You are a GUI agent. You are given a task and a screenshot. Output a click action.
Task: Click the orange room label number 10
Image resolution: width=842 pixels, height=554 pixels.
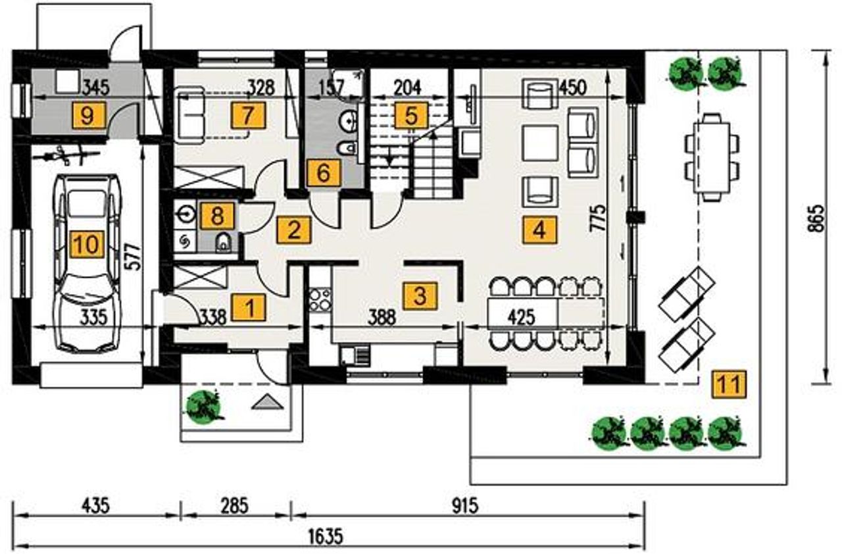[x=87, y=245]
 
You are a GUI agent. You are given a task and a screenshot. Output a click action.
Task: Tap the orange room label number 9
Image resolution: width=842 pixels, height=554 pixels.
[x=87, y=116]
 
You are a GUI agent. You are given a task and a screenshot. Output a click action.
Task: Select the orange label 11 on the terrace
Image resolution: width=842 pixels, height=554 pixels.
[x=730, y=384]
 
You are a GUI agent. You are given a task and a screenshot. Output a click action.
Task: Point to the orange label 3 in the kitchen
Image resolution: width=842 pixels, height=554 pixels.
[x=420, y=295]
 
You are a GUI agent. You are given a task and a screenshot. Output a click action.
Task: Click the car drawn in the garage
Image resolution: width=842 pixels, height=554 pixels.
[x=87, y=263]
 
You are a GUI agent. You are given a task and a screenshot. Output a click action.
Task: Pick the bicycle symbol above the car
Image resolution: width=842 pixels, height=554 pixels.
[x=66, y=155]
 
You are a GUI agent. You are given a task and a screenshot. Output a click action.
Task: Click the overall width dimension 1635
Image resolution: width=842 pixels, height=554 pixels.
[x=326, y=536]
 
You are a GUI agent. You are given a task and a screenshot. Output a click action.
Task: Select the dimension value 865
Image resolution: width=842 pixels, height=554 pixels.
[x=816, y=218]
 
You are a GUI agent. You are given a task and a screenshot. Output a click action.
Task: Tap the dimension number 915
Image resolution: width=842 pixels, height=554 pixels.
[x=465, y=505]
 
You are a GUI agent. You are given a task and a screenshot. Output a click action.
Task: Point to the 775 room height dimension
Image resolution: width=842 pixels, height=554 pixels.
[x=597, y=218]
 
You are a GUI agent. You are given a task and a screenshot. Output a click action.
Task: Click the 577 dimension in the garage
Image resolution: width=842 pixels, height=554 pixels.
[x=134, y=257]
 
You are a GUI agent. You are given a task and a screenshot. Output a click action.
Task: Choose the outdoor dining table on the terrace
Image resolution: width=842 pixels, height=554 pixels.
[x=712, y=157]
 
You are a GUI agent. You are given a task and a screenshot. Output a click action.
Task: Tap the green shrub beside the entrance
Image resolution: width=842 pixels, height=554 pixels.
[x=204, y=407]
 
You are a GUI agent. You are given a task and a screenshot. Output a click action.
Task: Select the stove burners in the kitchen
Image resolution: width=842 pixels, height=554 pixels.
[x=320, y=299]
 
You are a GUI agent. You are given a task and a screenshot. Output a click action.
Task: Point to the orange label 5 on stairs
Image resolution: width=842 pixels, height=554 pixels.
[x=411, y=115]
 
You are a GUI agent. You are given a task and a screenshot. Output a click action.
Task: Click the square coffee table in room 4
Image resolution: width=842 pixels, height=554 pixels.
[x=540, y=143]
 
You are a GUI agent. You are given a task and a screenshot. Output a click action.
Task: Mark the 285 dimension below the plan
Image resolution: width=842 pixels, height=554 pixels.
[x=234, y=505]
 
